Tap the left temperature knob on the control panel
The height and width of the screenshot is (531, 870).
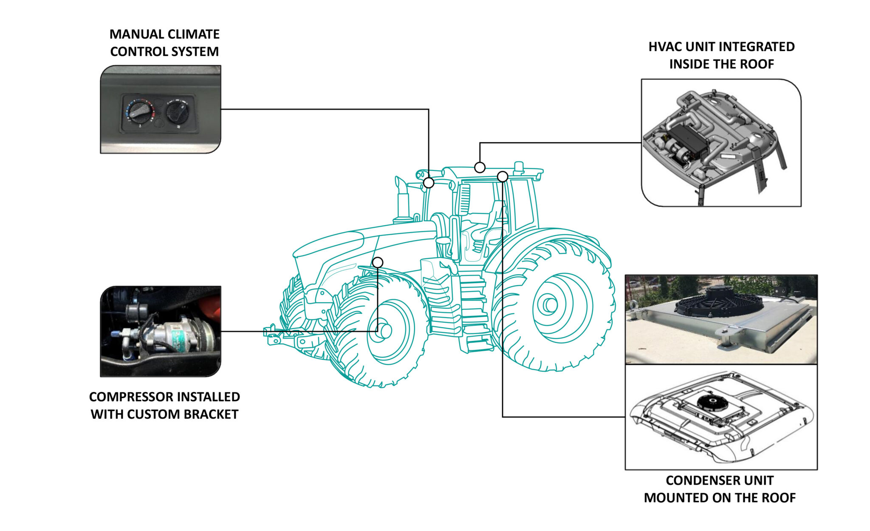click(x=140, y=111)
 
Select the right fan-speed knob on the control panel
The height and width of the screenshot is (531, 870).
click(x=177, y=111)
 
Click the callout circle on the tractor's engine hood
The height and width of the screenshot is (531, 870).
click(x=377, y=262)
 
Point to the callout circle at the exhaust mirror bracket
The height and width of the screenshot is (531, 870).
click(x=429, y=183)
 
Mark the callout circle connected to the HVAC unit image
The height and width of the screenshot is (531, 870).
click(x=480, y=168)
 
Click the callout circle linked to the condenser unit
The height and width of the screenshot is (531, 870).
click(x=503, y=176)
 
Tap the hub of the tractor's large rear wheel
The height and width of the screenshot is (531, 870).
click(x=551, y=304)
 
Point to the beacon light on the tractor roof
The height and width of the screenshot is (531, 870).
click(x=519, y=166)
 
